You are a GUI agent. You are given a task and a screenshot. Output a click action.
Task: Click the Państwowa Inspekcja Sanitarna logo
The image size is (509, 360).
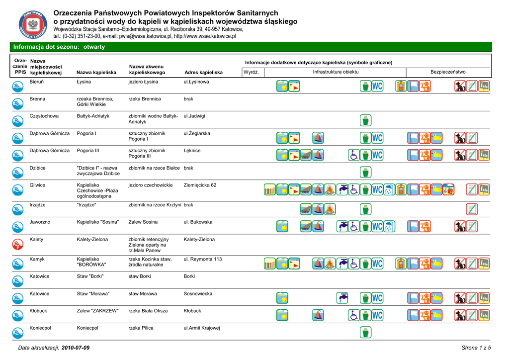(33, 25)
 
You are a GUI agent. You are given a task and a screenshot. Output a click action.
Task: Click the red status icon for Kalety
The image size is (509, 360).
(18, 244)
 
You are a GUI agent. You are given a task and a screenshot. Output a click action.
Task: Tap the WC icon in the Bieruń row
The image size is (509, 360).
(377, 86)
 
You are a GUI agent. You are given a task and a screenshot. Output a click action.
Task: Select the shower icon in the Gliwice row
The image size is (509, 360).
(389, 189)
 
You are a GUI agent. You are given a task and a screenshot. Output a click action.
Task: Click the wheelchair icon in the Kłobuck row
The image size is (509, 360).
(354, 315)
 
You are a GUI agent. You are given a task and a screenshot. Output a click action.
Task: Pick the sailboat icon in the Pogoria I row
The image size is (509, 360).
(318, 138)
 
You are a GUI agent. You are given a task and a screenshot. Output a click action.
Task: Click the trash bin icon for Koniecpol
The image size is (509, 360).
(365, 332)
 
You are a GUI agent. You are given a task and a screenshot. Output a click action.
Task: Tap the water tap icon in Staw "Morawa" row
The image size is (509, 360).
(342, 298)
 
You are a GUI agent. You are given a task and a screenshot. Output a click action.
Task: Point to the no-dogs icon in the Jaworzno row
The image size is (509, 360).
(460, 226)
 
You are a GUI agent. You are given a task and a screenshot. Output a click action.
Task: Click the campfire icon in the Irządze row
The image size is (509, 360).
(330, 209)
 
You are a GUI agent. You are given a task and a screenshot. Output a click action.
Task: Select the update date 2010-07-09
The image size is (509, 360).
(76, 348)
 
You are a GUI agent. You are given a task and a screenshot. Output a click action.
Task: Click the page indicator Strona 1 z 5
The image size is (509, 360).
(476, 348)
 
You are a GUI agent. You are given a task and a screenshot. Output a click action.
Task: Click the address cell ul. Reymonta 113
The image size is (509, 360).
(203, 259)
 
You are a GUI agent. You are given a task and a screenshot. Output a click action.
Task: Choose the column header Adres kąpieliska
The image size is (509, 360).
(203, 73)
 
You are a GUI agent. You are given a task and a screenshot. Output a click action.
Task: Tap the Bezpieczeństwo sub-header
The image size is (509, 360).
(448, 72)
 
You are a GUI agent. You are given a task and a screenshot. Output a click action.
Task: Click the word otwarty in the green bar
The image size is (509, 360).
(94, 47)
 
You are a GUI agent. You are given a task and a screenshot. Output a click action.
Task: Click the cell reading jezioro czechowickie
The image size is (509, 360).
(151, 185)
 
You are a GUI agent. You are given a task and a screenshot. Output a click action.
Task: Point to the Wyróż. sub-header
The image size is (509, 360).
(251, 72)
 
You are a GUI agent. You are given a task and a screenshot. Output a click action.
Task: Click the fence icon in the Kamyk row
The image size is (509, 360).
(270, 263)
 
